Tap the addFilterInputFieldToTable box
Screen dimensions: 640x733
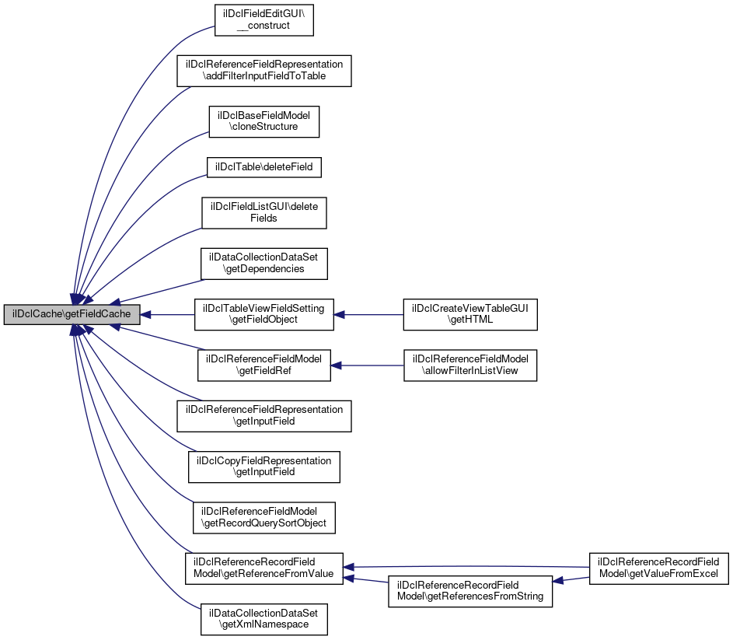click(264, 70)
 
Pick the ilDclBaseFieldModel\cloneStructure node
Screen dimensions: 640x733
click(264, 121)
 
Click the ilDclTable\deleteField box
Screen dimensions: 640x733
click(264, 166)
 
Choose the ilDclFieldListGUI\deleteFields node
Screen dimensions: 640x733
click(264, 212)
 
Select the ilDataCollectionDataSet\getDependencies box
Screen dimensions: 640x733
click(264, 264)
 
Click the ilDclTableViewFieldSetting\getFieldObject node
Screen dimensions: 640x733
click(264, 315)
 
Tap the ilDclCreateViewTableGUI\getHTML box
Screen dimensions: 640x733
click(469, 315)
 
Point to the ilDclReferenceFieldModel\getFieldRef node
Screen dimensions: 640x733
click(264, 365)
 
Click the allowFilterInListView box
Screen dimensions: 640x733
click(469, 365)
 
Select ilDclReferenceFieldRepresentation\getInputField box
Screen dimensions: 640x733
click(264, 416)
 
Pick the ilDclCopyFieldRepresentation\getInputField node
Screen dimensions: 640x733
click(264, 467)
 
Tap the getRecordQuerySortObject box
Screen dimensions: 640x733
click(264, 517)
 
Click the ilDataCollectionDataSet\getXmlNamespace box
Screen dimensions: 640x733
click(264, 619)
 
